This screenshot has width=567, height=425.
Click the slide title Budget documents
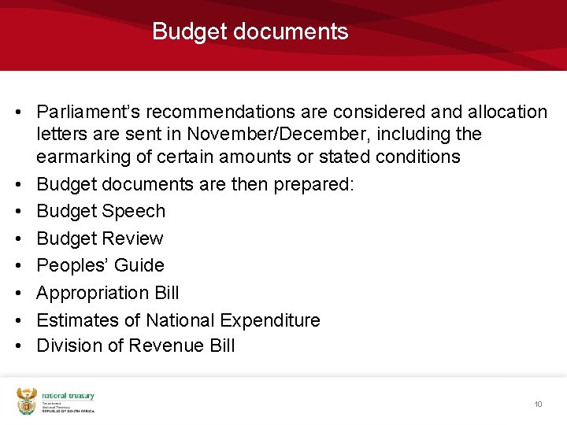(x=250, y=31)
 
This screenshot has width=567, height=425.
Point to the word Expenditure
(x=270, y=320)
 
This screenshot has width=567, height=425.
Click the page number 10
(x=538, y=405)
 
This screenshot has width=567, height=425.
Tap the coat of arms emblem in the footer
(x=27, y=400)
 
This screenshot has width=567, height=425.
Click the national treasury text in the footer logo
(x=68, y=396)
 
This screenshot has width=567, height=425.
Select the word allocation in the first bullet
(x=506, y=112)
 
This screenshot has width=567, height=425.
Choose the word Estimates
(x=75, y=320)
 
